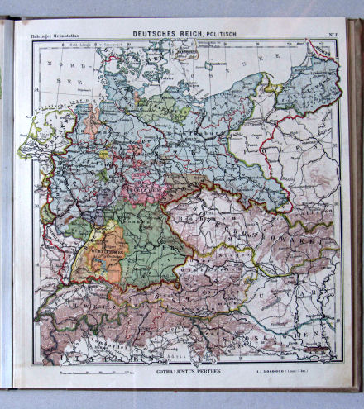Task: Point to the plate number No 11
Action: (x=332, y=33)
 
